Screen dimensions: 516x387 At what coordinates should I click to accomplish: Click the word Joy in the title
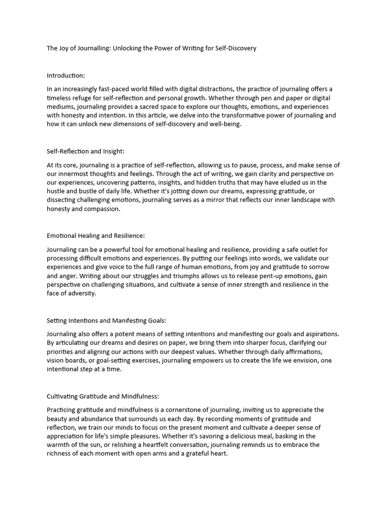[x=67, y=48]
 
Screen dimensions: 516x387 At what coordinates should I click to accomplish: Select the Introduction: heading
[x=66, y=76]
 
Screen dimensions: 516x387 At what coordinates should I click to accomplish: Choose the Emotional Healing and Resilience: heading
[x=96, y=235]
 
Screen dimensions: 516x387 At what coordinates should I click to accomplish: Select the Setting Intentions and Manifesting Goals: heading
[x=106, y=320]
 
